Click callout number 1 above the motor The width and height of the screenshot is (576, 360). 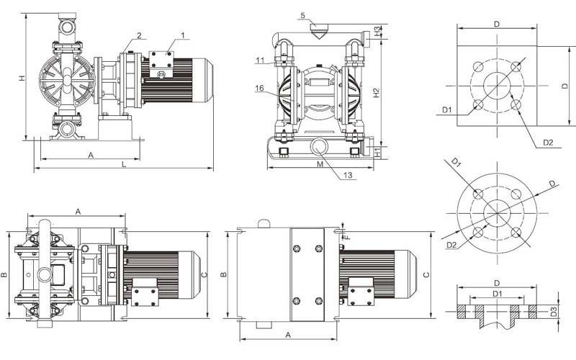pos(183,35)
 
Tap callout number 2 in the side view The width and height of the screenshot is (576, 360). pos(138,35)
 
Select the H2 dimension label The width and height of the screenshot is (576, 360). pos(378,92)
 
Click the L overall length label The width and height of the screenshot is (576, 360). pos(125,165)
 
